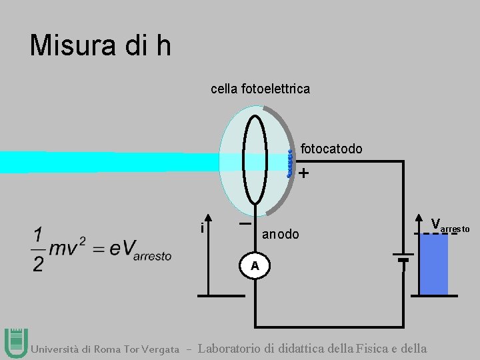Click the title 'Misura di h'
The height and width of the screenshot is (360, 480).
point(101,45)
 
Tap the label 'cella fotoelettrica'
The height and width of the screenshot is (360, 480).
point(260,89)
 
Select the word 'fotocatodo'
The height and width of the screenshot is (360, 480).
point(331,149)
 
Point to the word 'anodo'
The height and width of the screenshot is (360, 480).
point(281,235)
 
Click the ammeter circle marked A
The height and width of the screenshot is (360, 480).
point(255,266)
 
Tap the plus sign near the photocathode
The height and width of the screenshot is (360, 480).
point(304,174)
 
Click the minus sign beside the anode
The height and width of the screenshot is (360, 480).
point(245,224)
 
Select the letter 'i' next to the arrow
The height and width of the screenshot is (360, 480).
point(201,228)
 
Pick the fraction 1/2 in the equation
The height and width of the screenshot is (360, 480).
point(39,249)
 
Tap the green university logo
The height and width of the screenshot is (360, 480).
point(15,343)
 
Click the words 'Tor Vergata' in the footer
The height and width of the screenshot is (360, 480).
point(154,349)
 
